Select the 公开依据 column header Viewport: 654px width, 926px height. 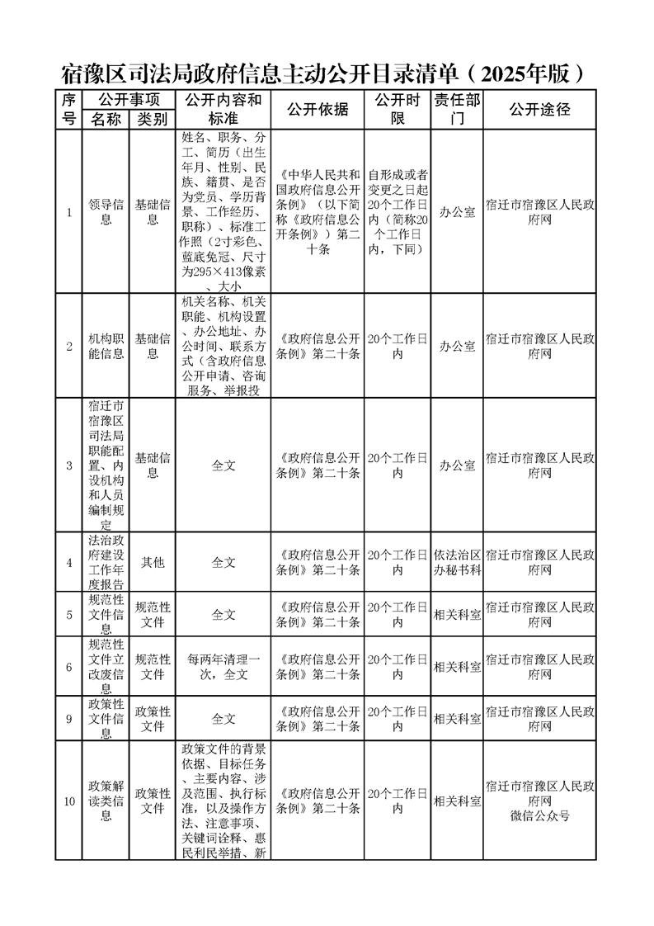[318, 110]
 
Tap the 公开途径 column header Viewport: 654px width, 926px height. [540, 110]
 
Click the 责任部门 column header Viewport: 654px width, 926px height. [456, 110]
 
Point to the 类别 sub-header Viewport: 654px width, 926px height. [153, 120]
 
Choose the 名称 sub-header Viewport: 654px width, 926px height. [106, 120]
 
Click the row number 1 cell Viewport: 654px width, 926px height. [69, 212]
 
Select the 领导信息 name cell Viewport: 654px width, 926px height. [106, 212]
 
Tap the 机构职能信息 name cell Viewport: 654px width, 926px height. [106, 346]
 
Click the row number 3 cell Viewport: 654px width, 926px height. [69, 465]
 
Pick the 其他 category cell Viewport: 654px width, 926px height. [153, 562]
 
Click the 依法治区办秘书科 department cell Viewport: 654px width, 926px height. [456, 562]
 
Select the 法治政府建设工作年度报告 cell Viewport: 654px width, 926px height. [106, 562]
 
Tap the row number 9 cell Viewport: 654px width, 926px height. [69, 719]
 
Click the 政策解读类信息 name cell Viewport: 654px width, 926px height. [106, 801]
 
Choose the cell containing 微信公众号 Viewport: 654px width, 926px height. [540, 801]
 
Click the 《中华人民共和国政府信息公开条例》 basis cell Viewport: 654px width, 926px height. [318, 212]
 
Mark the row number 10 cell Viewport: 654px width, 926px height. [69, 801]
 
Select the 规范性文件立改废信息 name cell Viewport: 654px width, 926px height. [106, 667]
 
